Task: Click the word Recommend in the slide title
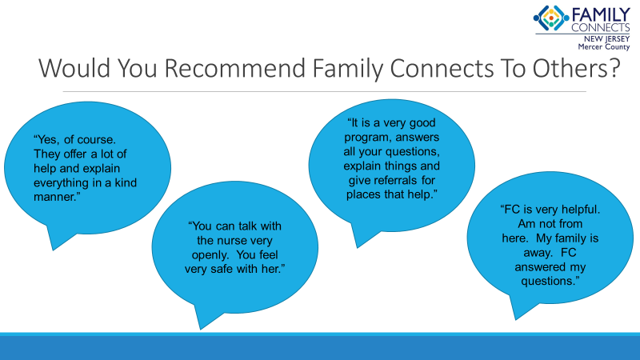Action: [x=234, y=68]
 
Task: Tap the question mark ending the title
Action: [x=614, y=68]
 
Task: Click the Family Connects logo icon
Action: [x=551, y=18]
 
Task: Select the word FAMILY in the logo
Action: [x=601, y=15]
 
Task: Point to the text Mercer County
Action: [x=604, y=47]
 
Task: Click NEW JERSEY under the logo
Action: [x=607, y=38]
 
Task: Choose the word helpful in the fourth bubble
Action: [x=581, y=210]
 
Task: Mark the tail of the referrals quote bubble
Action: [x=358, y=247]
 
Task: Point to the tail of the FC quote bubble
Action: [x=516, y=318]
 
